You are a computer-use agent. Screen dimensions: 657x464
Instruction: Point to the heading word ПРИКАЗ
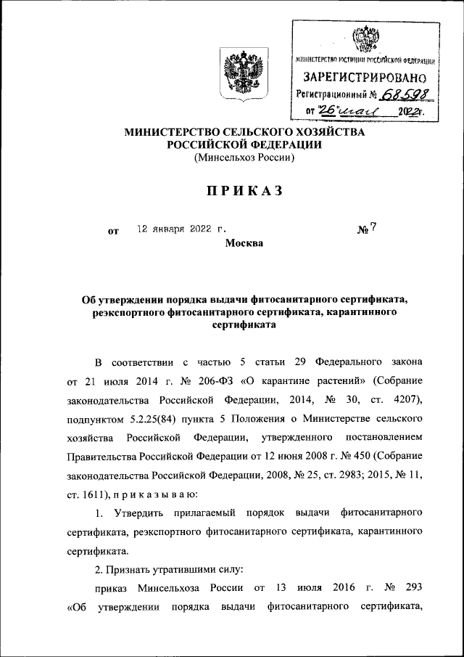pos(239,191)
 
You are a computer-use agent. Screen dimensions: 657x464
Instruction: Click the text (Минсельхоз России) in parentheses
pos(244,159)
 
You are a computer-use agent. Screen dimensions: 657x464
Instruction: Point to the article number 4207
pos(405,399)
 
